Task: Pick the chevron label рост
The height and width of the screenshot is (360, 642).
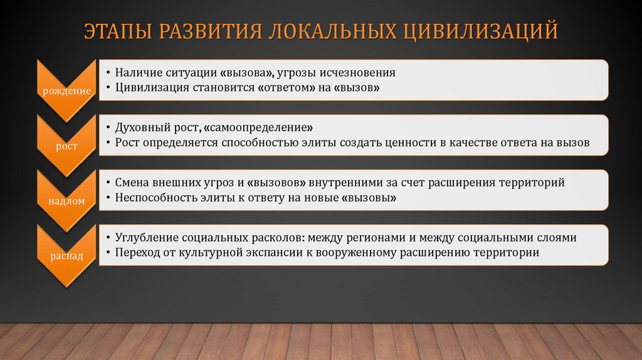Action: coord(66,146)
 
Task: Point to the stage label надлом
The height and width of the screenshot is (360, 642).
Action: coord(66,201)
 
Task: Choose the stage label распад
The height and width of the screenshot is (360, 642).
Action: coord(66,255)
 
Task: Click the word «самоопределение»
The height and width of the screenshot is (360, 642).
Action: coord(257,128)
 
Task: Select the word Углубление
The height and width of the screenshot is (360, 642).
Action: coord(145,238)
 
